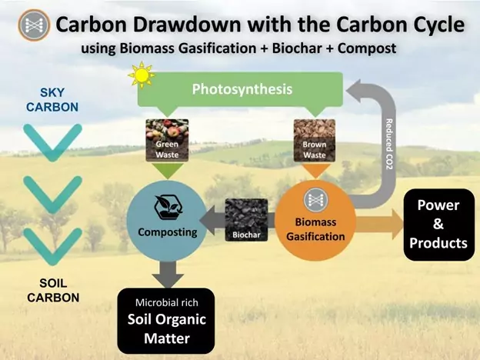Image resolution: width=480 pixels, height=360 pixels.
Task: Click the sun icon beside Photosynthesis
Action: (x=142, y=75)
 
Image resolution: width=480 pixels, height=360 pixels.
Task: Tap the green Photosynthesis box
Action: (x=240, y=89)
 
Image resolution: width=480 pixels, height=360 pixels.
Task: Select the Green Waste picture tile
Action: (x=167, y=141)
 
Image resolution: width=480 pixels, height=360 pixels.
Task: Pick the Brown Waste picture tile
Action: (x=315, y=141)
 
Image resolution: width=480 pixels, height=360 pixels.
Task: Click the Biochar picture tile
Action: (x=246, y=220)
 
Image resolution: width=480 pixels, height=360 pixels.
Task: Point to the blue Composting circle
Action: (x=167, y=221)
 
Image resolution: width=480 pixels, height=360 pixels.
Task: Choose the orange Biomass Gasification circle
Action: (x=315, y=221)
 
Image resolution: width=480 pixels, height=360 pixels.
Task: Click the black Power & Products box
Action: (x=439, y=225)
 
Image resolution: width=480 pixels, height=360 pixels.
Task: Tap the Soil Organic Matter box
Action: (x=166, y=321)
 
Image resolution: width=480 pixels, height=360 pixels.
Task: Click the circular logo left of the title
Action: (x=34, y=25)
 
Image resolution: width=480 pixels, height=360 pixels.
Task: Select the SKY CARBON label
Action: (x=52, y=100)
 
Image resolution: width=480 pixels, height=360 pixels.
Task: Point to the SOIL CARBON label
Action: (x=53, y=290)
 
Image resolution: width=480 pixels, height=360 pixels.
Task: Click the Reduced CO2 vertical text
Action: (x=388, y=144)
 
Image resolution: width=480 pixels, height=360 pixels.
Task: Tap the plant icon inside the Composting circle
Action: (x=168, y=208)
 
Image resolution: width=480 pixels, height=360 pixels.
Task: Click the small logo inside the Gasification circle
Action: (x=315, y=200)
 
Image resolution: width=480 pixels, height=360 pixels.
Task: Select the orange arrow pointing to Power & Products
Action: (x=379, y=225)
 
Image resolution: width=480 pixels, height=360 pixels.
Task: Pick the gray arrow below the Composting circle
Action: (x=168, y=275)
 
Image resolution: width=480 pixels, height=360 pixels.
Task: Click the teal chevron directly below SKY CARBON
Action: (x=52, y=142)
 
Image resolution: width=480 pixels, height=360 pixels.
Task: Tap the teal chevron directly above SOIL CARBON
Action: (x=52, y=247)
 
